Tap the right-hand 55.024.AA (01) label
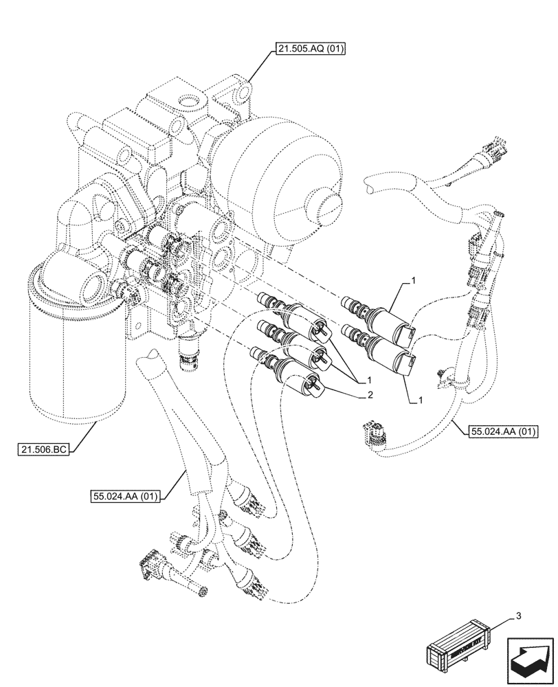[504, 431]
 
